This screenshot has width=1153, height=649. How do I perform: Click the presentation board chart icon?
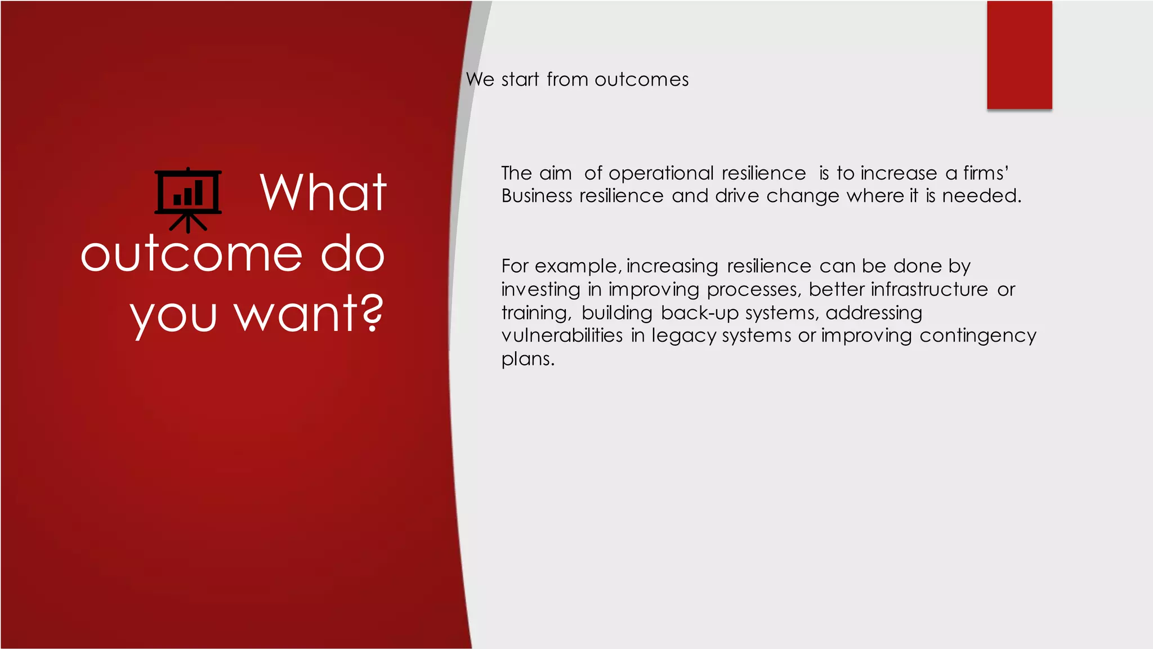pos(188,198)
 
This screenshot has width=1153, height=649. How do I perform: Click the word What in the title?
pos(323,193)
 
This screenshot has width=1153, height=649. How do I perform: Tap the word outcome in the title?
pos(191,254)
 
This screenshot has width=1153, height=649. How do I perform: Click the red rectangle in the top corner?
pos(1019,55)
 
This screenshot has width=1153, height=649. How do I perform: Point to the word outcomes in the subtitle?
pos(641,79)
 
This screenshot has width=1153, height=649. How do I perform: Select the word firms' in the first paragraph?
pos(986,173)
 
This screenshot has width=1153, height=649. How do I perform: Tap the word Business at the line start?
pos(536,196)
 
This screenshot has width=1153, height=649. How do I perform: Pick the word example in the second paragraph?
pos(578,266)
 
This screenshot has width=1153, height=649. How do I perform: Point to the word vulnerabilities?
pos(562,335)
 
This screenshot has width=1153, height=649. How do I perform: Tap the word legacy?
pos(683,337)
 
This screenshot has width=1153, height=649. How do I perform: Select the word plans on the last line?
pos(528,359)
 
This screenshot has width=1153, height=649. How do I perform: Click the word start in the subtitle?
pos(520,79)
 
